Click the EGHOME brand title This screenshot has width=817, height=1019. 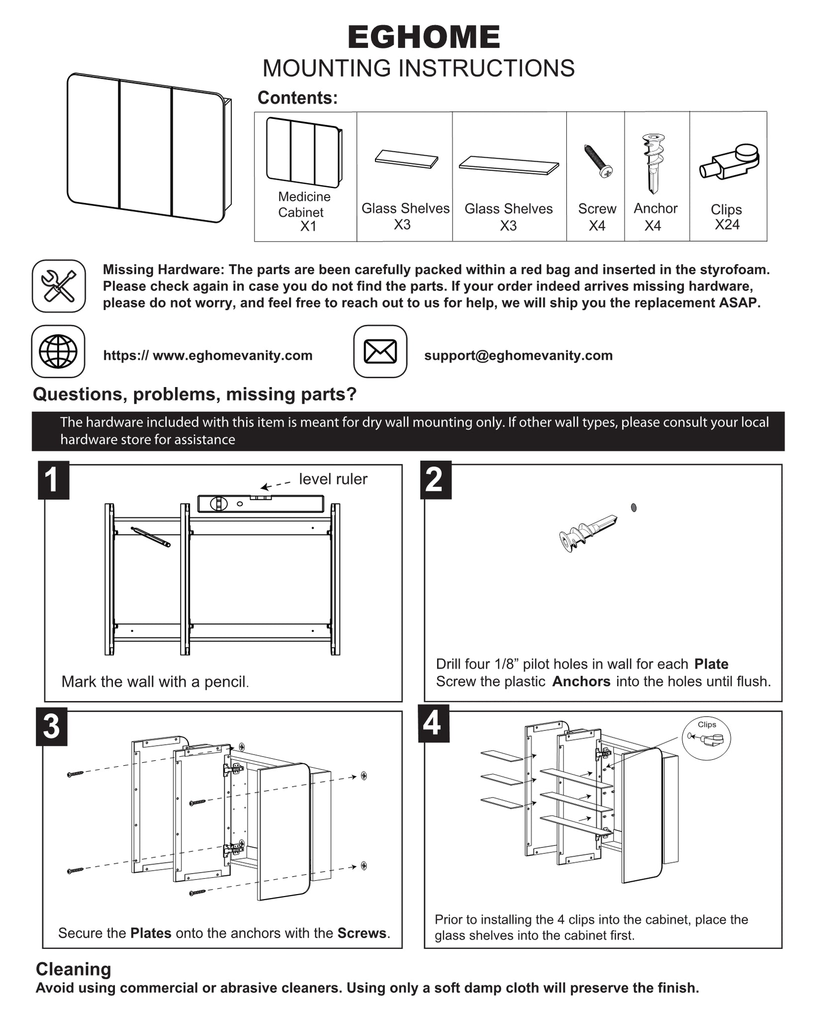click(424, 38)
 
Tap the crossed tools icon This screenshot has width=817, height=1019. click(59, 286)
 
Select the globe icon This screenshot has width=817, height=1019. click(58, 351)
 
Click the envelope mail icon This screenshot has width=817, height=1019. click(380, 351)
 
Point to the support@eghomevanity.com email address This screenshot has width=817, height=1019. click(518, 355)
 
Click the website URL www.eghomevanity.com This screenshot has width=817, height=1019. click(208, 355)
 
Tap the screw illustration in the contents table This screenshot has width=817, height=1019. click(598, 161)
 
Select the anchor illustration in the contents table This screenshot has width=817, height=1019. click(653, 163)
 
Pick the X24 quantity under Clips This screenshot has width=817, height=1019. click(727, 225)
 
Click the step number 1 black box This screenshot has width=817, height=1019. click(53, 480)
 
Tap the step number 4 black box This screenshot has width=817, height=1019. click(433, 723)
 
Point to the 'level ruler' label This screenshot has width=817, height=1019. click(333, 479)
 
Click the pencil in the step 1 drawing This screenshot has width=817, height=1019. click(151, 537)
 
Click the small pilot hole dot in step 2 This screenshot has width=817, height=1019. click(634, 508)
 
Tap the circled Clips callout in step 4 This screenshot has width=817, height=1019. click(706, 738)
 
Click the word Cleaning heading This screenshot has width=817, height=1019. click(74, 969)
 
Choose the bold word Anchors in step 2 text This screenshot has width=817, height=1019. click(581, 681)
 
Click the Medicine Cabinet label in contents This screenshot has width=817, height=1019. click(304, 204)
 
